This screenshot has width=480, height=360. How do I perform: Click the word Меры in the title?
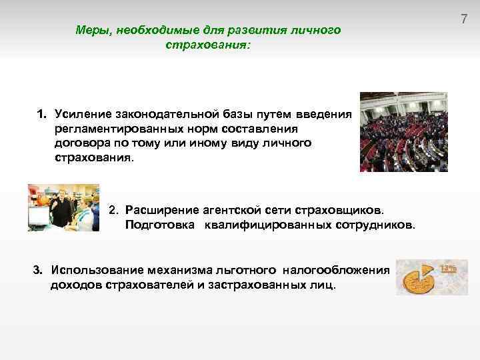90,30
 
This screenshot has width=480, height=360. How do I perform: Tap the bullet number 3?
38,270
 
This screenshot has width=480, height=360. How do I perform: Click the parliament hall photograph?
404,131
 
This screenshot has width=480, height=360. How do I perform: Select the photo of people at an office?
63,207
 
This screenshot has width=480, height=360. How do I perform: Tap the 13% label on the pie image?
447,268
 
